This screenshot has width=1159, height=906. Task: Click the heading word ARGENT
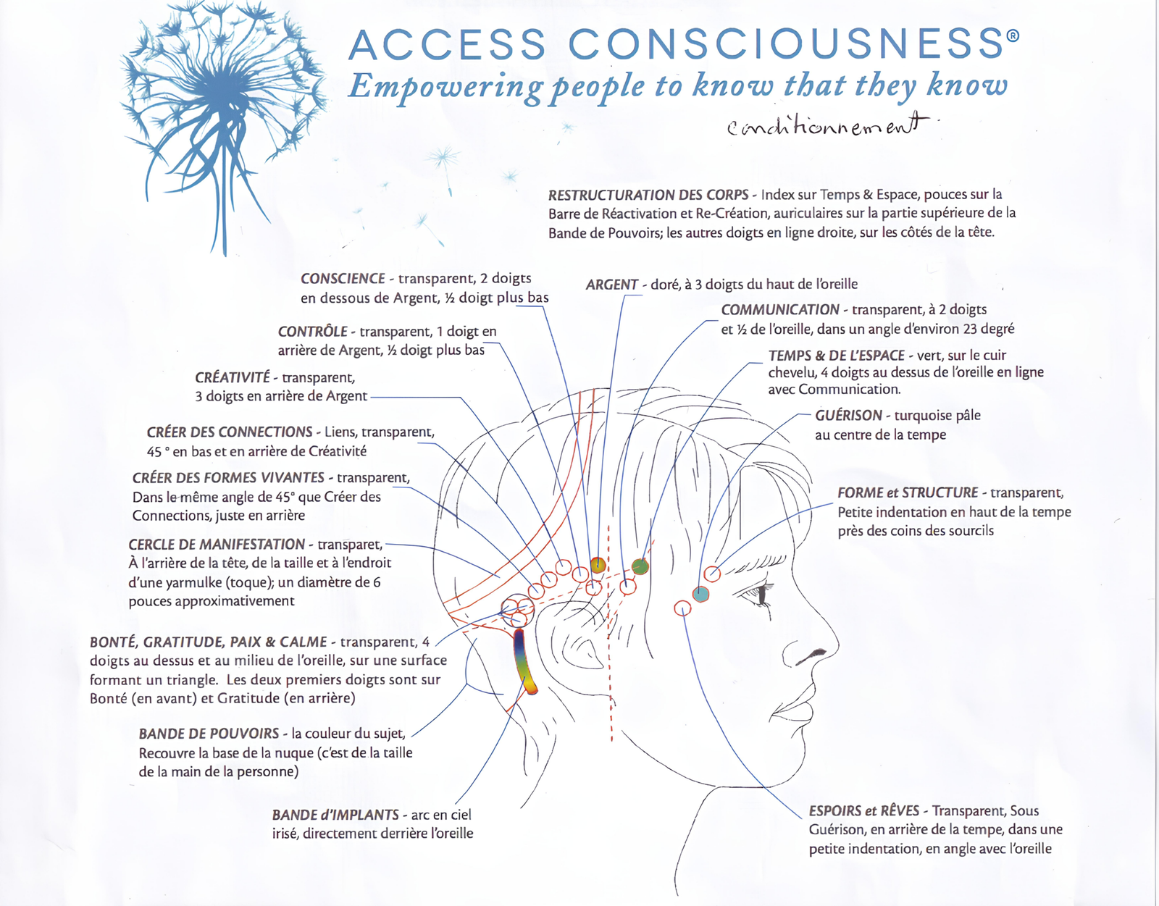coord(612,285)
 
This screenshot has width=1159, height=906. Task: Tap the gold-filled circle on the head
coord(598,565)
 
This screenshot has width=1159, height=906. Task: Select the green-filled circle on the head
coord(640,566)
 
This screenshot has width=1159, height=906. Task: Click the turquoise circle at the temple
coord(700,594)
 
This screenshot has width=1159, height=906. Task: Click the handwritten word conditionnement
coord(827,127)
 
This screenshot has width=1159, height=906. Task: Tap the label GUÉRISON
coord(848,416)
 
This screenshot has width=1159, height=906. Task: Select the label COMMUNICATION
coord(779,310)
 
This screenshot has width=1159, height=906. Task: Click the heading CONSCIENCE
coord(343,279)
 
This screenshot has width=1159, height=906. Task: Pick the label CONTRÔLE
coord(312,332)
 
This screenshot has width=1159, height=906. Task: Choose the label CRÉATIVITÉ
coord(232,378)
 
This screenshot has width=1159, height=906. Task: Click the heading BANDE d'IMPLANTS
coord(335,815)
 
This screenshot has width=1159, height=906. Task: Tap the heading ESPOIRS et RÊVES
coord(864,811)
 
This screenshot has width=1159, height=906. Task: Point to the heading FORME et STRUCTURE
coord(908,493)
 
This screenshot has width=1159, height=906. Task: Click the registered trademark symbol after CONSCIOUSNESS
coord(1013,35)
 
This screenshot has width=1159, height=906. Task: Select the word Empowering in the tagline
coord(445,87)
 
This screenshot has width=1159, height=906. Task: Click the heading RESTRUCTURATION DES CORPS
coord(648,195)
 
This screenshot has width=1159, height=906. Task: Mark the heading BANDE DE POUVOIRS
coord(209,734)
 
